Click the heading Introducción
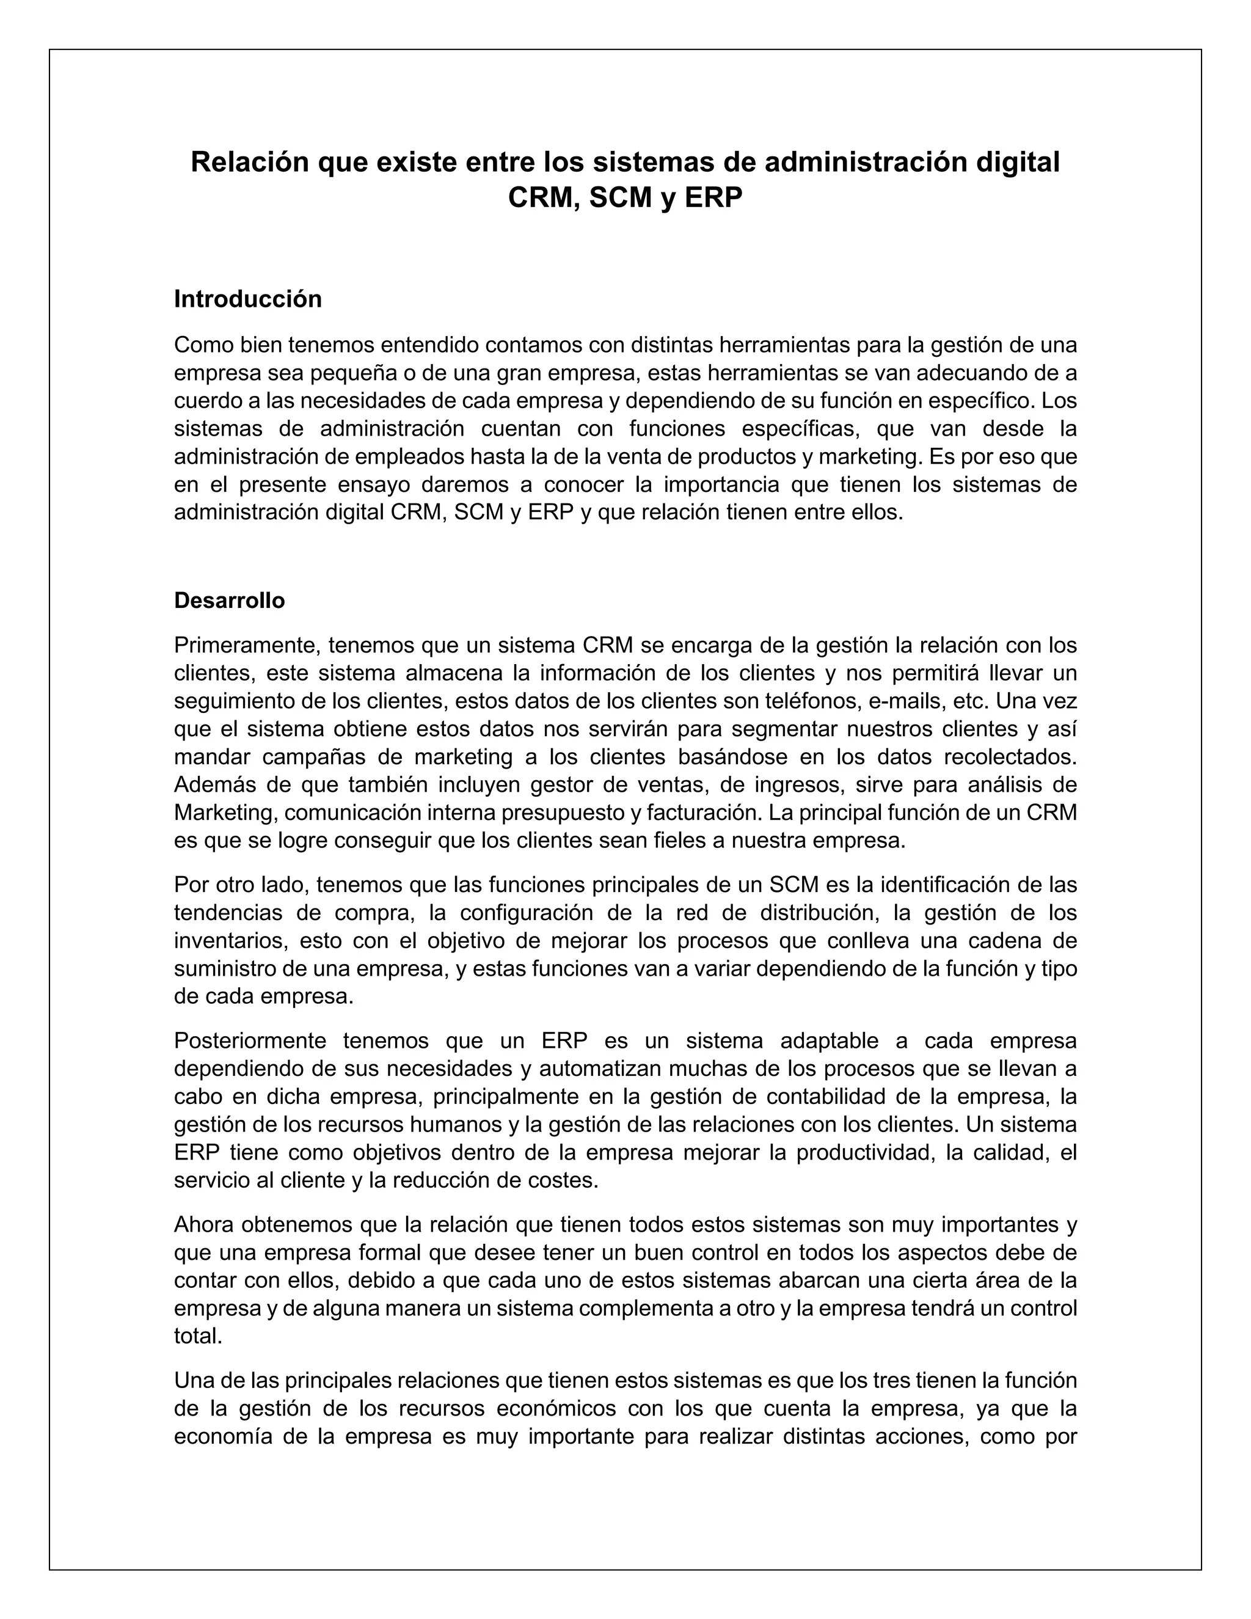[x=247, y=299]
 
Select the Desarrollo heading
[x=229, y=601]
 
